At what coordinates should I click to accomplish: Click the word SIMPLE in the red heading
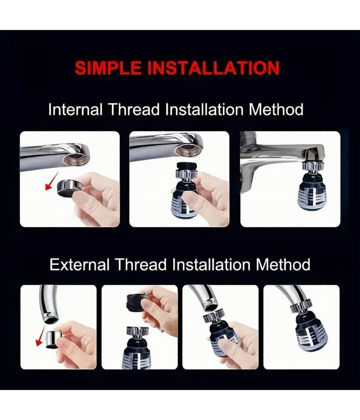(x=108, y=68)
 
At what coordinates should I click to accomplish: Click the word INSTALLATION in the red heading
(x=214, y=68)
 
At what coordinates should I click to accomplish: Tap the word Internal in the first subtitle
(x=76, y=110)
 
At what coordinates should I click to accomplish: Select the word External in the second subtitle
(x=80, y=265)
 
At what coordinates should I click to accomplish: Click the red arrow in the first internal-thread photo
(x=52, y=181)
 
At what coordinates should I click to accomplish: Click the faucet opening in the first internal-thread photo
(x=76, y=160)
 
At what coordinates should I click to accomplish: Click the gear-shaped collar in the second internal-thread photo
(x=186, y=173)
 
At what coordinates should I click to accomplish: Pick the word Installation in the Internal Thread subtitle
(x=204, y=110)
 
